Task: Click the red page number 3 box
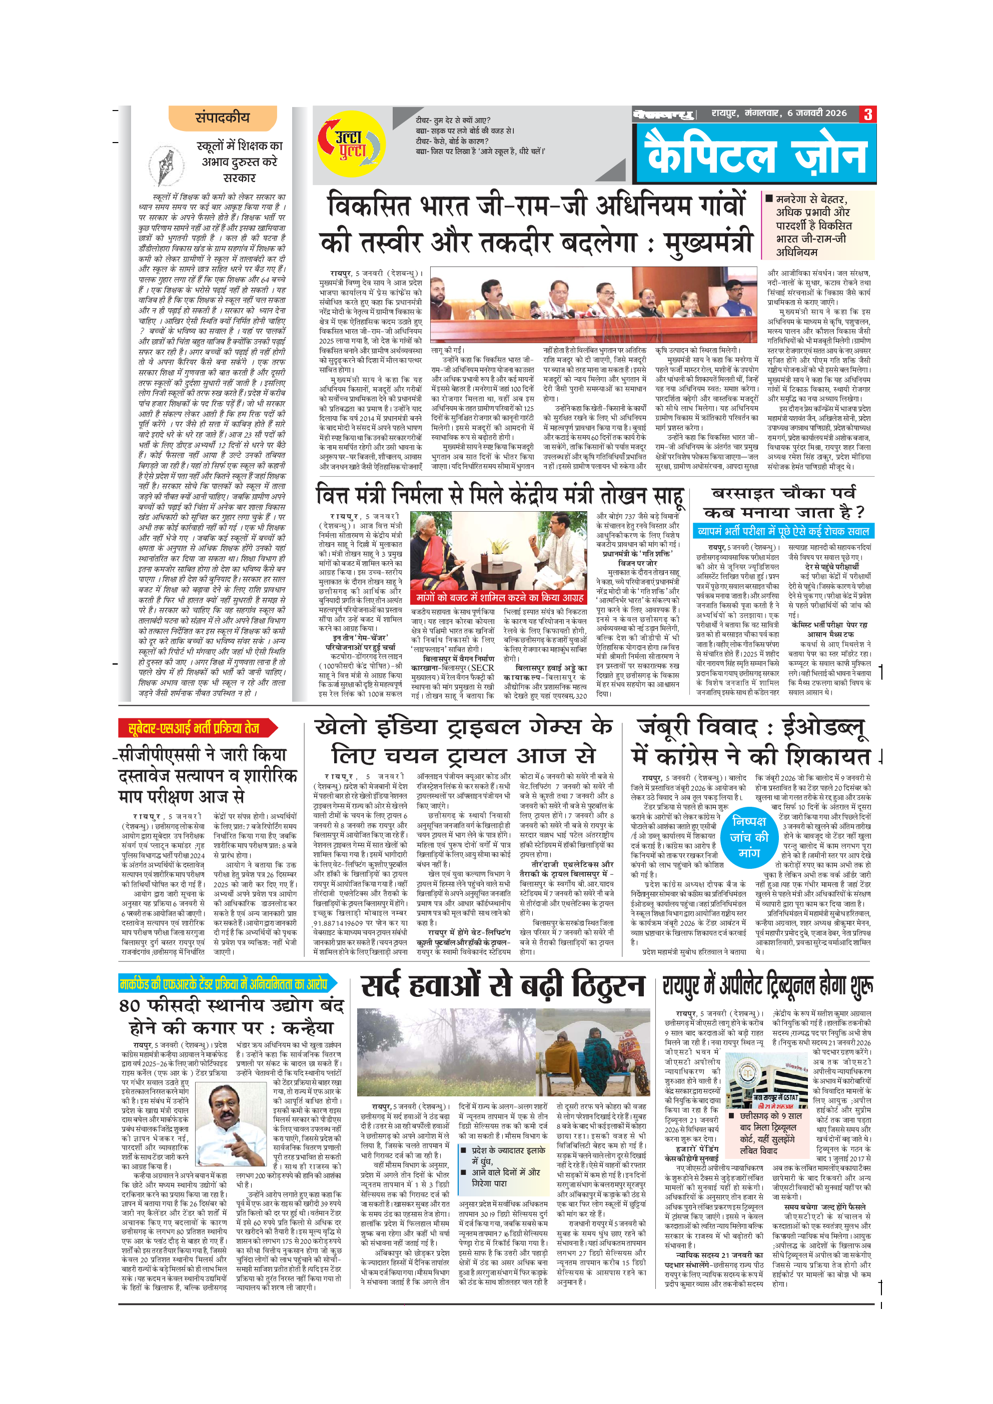click(867, 114)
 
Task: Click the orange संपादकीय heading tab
click(223, 118)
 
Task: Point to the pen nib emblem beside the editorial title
click(166, 166)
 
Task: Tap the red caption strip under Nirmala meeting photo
click(500, 597)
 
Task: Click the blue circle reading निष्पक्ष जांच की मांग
click(748, 836)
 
